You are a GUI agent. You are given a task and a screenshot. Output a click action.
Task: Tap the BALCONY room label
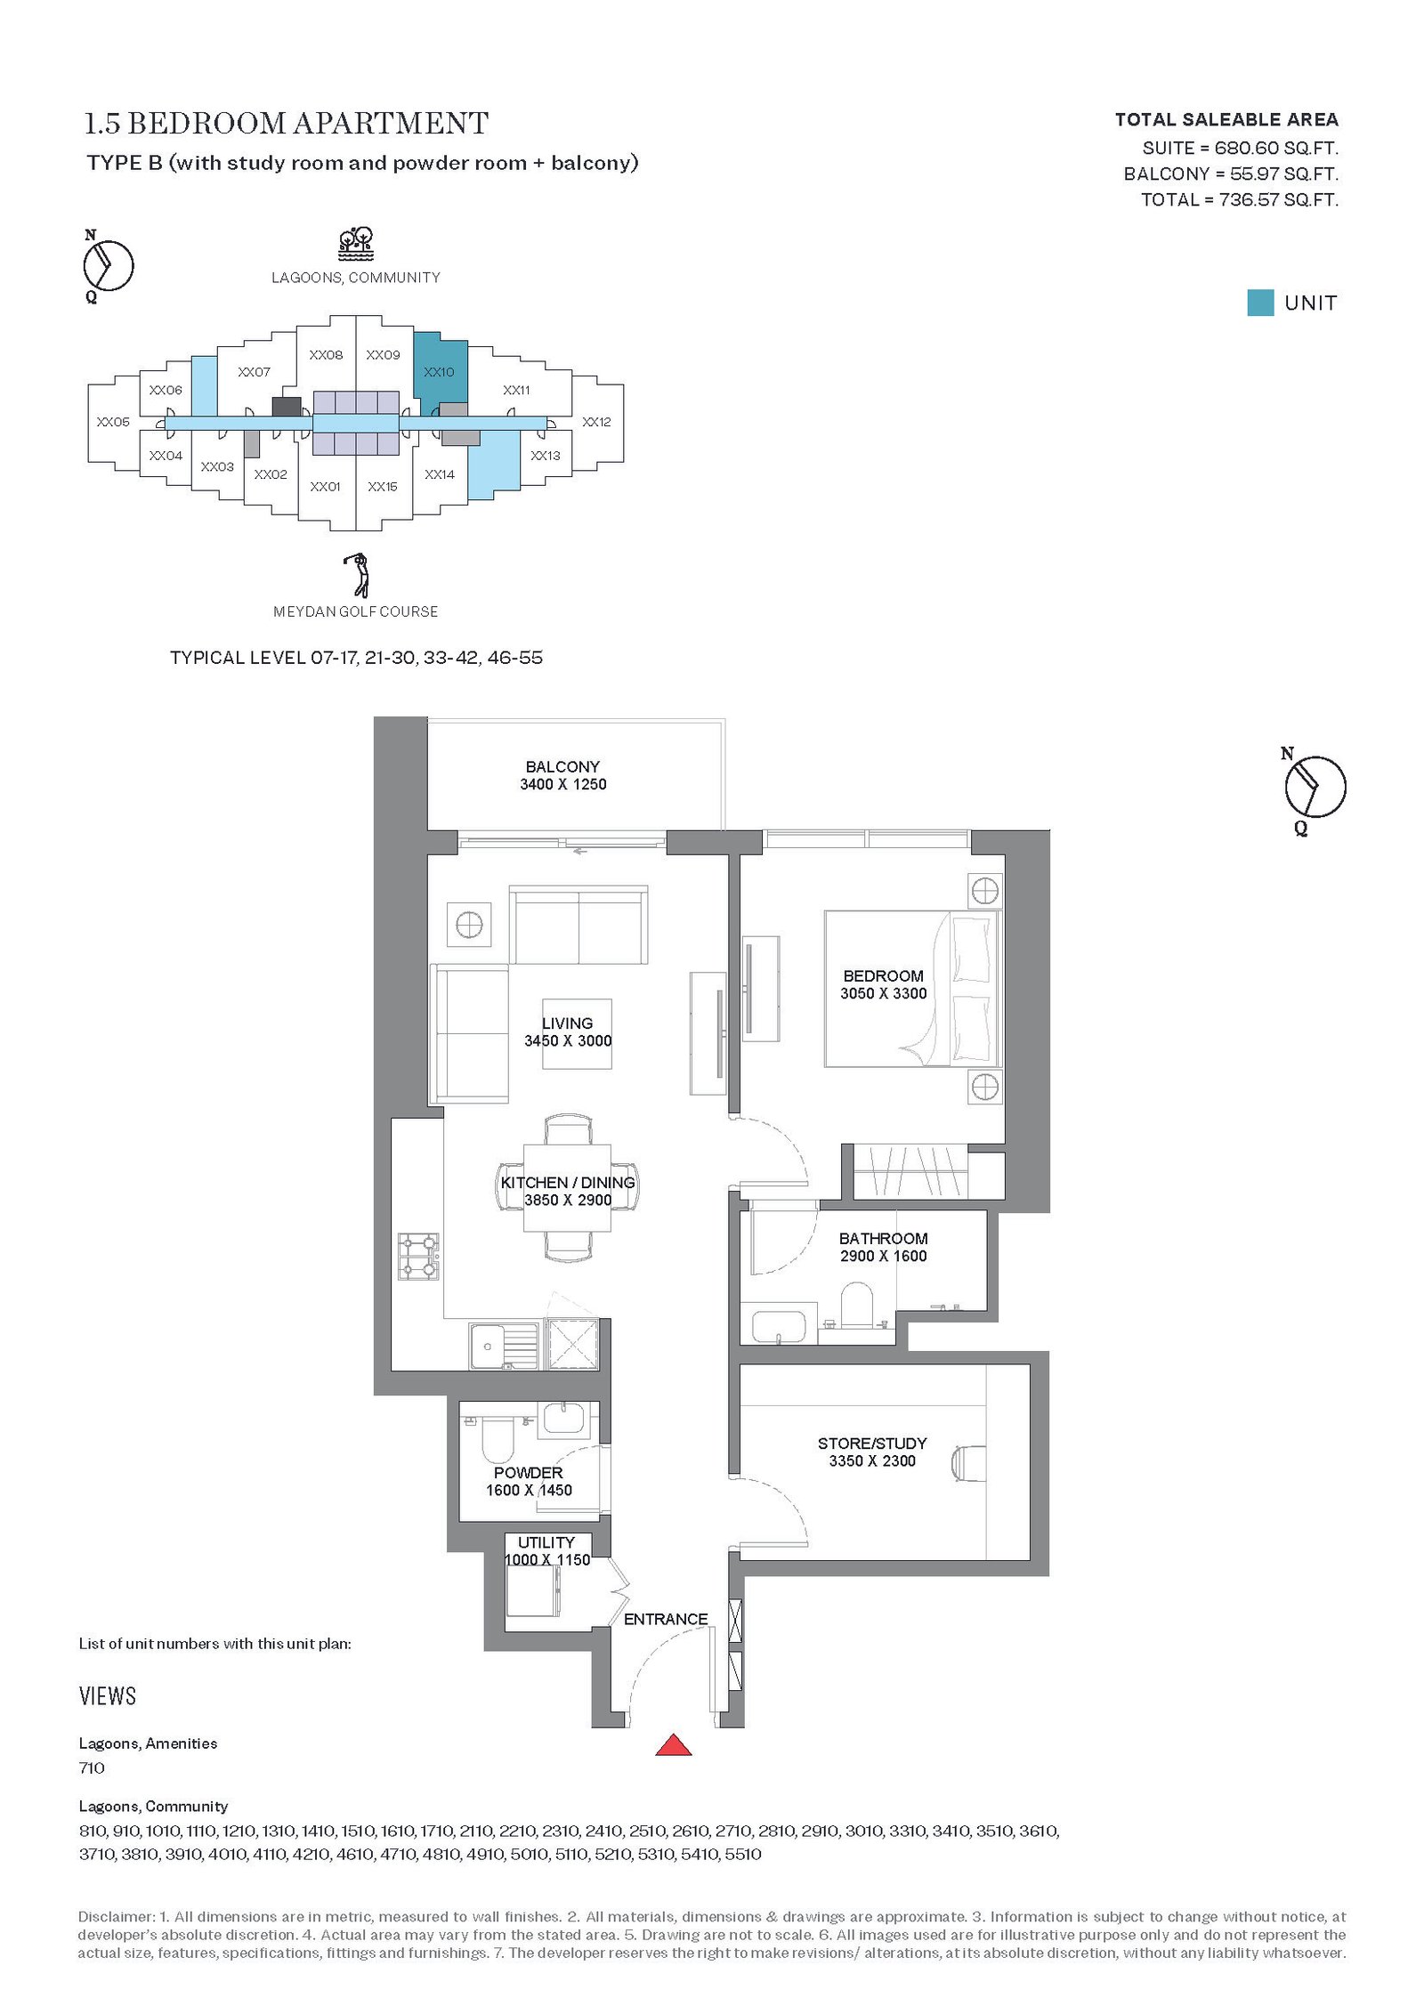coord(562,766)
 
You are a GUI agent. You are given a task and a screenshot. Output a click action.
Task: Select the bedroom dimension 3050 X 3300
coord(884,993)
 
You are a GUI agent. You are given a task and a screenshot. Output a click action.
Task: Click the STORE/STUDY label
coord(872,1443)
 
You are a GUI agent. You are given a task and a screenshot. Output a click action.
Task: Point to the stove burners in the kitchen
coord(418,1256)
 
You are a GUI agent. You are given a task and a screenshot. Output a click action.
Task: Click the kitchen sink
coord(504,1346)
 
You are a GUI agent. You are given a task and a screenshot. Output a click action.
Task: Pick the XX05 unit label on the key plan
coord(113,422)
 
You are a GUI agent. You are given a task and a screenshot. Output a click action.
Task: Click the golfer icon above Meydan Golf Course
coord(358,575)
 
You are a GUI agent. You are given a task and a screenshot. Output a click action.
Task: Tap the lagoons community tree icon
coord(356,243)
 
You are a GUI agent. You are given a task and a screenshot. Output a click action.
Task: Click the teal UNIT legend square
coord(1260,303)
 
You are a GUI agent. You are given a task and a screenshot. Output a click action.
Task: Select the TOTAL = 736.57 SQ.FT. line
coord(1240,199)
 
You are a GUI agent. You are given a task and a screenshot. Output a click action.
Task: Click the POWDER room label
coord(529,1473)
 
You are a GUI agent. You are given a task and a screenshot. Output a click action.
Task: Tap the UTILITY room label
coord(546,1542)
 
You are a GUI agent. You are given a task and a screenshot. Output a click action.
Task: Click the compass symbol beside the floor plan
coord(1314,787)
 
